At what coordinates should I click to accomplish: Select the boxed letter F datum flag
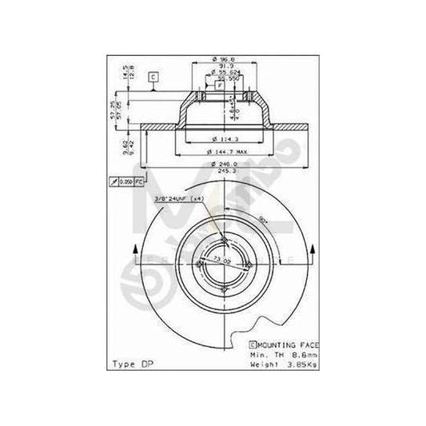[218, 85]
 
